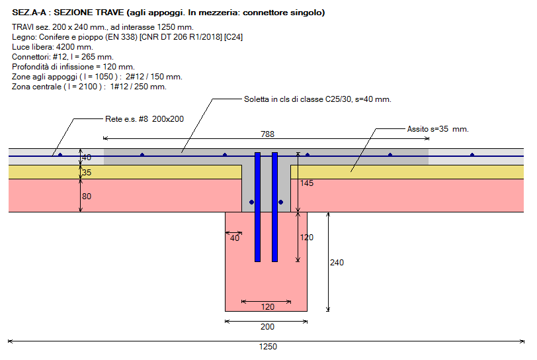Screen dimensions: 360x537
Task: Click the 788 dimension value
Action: [x=267, y=134]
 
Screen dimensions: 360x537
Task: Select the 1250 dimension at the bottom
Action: [x=268, y=347]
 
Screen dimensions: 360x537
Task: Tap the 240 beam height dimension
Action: [x=337, y=262]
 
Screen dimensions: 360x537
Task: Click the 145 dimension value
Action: [x=306, y=183]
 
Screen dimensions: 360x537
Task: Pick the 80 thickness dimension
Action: [x=87, y=196]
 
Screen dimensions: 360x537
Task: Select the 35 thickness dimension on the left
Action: [x=87, y=173]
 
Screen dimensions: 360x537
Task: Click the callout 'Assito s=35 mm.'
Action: [x=437, y=128]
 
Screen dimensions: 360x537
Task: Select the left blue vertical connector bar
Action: [x=258, y=206]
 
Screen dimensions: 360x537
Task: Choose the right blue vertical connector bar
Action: [x=274, y=206]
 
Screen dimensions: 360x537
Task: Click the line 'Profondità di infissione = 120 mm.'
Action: [x=73, y=67]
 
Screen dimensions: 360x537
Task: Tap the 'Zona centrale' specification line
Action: [x=89, y=87]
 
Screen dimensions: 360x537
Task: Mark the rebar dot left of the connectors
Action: [x=251, y=202]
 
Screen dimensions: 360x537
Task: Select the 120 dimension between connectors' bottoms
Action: [x=267, y=306]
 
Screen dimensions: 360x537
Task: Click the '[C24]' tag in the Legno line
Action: [x=233, y=37]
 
